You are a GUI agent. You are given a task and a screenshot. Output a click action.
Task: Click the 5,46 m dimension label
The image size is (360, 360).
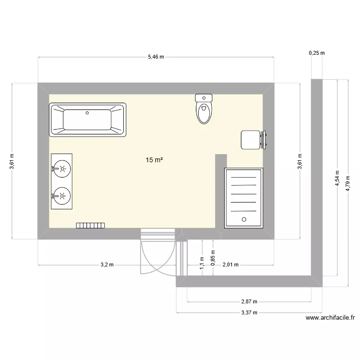pyautogui.click(x=156, y=57)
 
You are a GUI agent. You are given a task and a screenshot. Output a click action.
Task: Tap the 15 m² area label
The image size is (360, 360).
pyautogui.click(x=154, y=160)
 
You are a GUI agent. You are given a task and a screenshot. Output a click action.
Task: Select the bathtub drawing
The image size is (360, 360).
pyautogui.click(x=87, y=120)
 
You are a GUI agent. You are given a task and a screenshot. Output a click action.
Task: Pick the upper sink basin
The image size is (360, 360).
pyautogui.click(x=62, y=168)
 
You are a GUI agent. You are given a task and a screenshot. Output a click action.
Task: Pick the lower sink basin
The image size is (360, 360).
pyautogui.click(x=62, y=195)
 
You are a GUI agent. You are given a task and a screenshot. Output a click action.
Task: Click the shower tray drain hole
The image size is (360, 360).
pyautogui.click(x=244, y=219)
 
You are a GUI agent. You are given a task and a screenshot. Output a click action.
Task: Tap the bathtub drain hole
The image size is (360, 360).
pyautogui.click(x=87, y=113)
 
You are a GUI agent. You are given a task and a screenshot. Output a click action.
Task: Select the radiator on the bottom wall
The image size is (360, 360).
pyautogui.click(x=90, y=225)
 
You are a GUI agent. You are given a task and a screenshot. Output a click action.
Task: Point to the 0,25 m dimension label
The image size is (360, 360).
pyautogui.click(x=316, y=53)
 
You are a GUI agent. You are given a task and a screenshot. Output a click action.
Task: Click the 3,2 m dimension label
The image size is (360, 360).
pyautogui.click(x=107, y=264)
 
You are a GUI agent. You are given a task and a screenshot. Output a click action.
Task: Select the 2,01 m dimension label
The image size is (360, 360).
pyautogui.click(x=230, y=264)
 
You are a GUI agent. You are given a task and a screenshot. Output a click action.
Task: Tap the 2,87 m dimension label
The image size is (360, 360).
pyautogui.click(x=249, y=302)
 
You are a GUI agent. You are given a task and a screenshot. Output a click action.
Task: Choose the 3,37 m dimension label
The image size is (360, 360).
pyautogui.click(x=249, y=312)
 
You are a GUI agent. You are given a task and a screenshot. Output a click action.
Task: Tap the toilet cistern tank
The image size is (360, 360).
pyautogui.click(x=204, y=97)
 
